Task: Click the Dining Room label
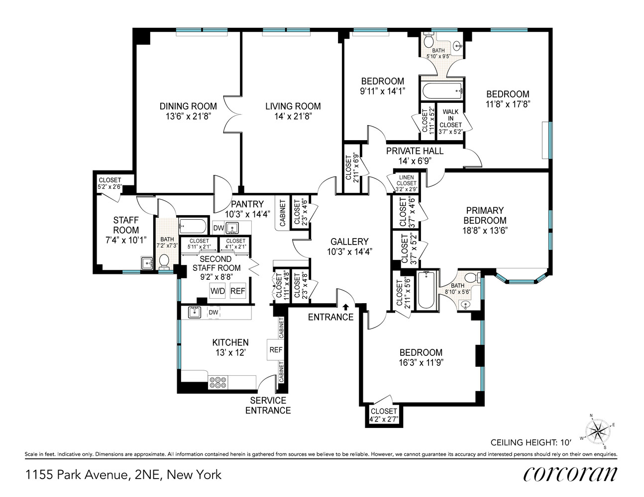188,106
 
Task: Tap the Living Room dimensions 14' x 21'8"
293,117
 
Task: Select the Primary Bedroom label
485,215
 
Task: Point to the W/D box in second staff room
217,291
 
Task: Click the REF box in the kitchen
276,350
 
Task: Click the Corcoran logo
570,474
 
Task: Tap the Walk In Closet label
450,122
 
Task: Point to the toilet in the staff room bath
164,260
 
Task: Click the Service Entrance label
268,405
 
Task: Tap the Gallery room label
349,242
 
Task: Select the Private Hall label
415,151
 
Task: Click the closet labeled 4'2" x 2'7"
383,415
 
